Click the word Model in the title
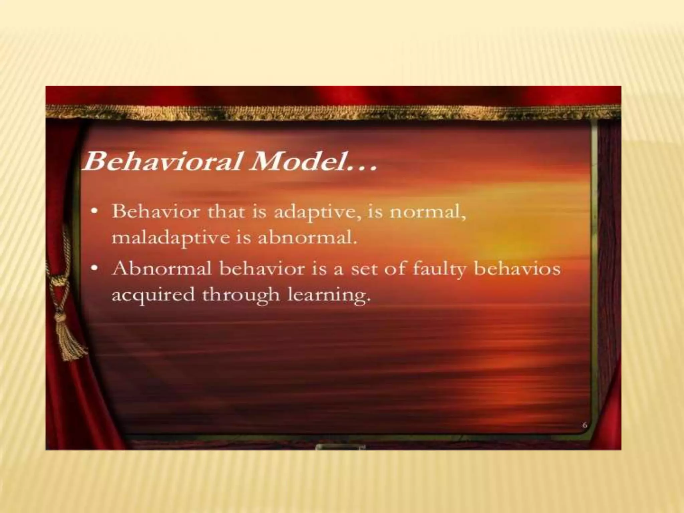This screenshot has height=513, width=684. point(299,161)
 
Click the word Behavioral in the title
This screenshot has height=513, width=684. point(162,161)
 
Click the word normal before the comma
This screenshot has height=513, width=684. point(425,212)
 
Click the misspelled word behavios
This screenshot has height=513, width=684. point(517,269)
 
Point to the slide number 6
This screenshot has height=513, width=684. point(584,425)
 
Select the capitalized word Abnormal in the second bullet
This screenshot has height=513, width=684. point(162,269)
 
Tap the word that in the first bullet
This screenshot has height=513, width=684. point(226,212)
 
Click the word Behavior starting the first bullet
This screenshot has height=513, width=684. point(156,212)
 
